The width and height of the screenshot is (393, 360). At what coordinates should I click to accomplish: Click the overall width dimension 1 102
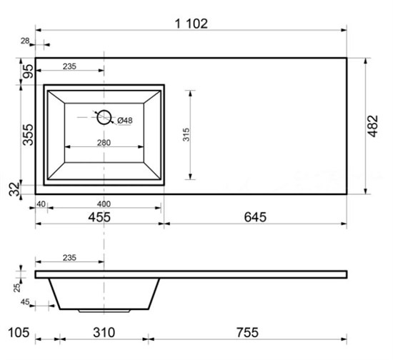click(191, 24)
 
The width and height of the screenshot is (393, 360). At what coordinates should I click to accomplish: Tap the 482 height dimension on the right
click(373, 126)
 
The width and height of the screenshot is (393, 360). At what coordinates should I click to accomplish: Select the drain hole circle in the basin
click(104, 117)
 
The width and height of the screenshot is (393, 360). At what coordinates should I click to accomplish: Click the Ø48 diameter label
click(125, 120)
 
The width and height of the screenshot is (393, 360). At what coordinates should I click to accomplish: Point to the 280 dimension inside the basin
click(104, 143)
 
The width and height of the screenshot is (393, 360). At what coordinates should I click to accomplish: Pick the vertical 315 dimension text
click(186, 134)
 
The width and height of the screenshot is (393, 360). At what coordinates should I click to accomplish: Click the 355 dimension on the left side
click(28, 134)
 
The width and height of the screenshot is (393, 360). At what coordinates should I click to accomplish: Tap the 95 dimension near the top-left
click(28, 71)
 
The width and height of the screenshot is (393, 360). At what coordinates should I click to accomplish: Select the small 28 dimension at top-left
click(25, 41)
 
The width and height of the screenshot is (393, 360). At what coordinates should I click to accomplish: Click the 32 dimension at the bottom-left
click(14, 189)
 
